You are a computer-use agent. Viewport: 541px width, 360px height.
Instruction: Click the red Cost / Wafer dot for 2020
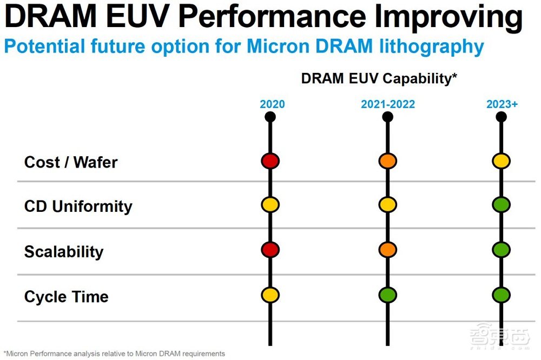tap(270, 161)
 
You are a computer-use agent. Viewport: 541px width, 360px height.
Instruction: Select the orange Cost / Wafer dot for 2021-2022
tap(388, 161)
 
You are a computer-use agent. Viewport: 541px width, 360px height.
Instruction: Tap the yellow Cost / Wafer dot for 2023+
tap(501, 161)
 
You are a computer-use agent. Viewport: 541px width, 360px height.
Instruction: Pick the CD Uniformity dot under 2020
tap(270, 205)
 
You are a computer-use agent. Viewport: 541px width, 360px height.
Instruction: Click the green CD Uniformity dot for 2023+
tap(501, 205)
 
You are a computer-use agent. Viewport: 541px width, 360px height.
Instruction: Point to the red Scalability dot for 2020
tap(270, 250)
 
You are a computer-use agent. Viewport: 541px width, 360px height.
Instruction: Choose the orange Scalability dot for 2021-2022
tap(388, 250)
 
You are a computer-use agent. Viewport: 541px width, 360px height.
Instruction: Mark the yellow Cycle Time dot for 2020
tap(270, 295)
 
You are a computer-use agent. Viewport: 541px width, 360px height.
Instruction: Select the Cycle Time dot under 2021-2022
tap(388, 295)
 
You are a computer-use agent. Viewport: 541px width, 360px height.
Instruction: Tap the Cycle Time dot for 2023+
tap(501, 295)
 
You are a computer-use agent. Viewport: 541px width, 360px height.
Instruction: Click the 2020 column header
tap(272, 104)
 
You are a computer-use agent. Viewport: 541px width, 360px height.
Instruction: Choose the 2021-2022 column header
tap(388, 104)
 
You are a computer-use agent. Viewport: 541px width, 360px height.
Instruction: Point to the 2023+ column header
tap(502, 104)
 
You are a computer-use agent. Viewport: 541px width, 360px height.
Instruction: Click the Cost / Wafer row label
tap(71, 162)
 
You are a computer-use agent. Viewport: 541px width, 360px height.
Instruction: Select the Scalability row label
tap(64, 252)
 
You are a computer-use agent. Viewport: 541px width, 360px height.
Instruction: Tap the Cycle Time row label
tap(67, 297)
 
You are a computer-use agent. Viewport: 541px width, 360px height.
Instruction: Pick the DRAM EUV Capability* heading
tap(379, 78)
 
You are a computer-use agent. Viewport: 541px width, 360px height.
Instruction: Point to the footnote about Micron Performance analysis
tap(114, 354)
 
